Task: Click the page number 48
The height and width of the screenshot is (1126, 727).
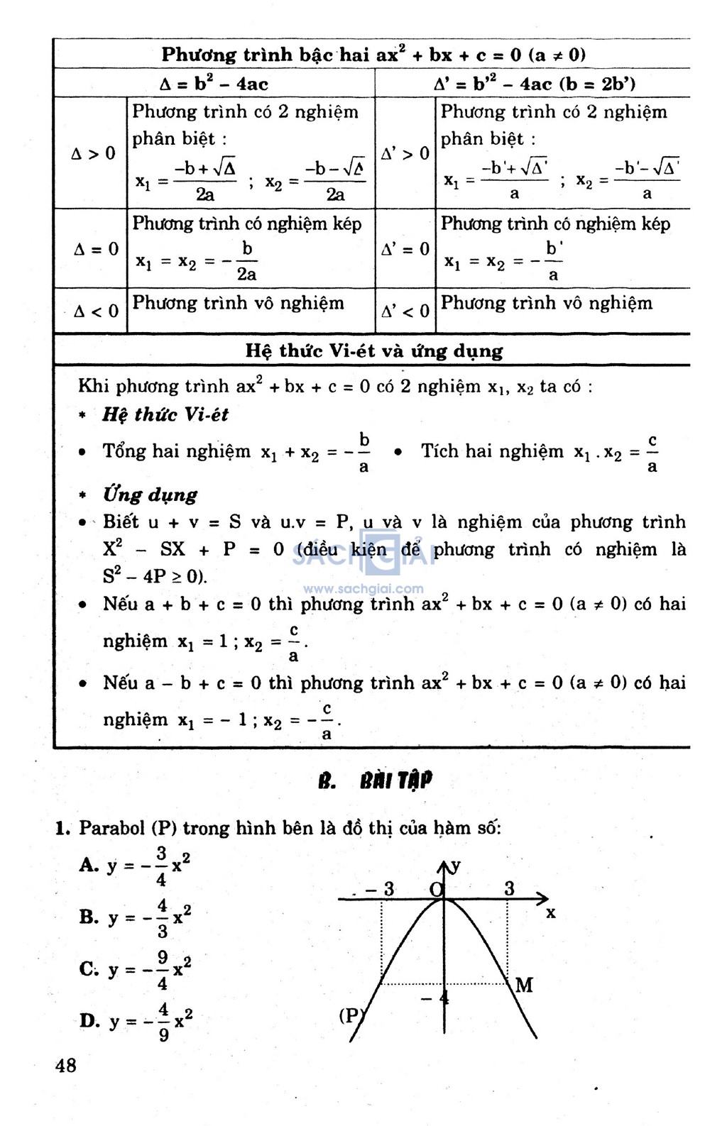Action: pos(65,1065)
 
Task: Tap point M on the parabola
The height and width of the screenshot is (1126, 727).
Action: pos(524,985)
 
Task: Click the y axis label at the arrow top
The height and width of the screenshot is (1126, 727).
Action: pos(456,866)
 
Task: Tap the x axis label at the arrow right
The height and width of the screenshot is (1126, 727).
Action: pos(551,913)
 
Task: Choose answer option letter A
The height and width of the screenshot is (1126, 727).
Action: pos(89,865)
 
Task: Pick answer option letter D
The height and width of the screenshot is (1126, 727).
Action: pos(89,1021)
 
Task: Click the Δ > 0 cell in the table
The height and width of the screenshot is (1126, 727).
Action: pos(93,153)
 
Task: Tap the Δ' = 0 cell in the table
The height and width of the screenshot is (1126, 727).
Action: pos(405,249)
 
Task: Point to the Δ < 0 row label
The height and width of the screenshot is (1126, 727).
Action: pos(96,311)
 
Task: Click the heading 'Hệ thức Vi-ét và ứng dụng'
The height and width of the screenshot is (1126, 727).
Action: pos(374,351)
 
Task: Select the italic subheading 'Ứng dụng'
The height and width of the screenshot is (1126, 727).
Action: pos(150,494)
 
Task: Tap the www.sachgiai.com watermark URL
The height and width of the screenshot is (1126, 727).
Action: pos(363,588)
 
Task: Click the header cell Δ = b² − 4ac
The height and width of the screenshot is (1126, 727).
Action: pos(214,84)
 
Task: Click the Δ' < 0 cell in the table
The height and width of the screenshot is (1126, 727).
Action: pos(405,311)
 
